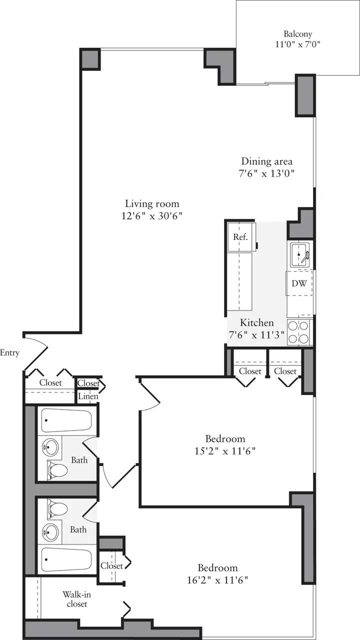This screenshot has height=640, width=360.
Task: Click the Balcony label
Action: coord(298,34)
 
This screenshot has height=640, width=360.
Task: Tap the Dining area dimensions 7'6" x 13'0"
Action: coord(267,174)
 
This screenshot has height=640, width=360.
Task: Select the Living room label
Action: coord(152,203)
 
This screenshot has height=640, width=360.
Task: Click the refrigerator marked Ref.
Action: coord(240,237)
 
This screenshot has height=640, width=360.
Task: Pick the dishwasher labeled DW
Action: coord(299,283)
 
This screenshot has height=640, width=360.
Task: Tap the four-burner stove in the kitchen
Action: coord(299,331)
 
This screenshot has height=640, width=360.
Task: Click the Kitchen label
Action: coord(257,323)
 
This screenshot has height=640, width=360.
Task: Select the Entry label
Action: coord(9,353)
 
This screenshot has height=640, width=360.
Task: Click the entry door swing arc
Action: coord(38,350)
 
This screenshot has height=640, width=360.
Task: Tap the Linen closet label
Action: coord(88,396)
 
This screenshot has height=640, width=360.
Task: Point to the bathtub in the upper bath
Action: coord(66,420)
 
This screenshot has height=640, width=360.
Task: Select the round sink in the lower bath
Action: coord(50,531)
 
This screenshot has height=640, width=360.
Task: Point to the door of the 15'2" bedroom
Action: coord(150,395)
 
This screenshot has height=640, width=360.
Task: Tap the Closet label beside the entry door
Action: coord(50,383)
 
